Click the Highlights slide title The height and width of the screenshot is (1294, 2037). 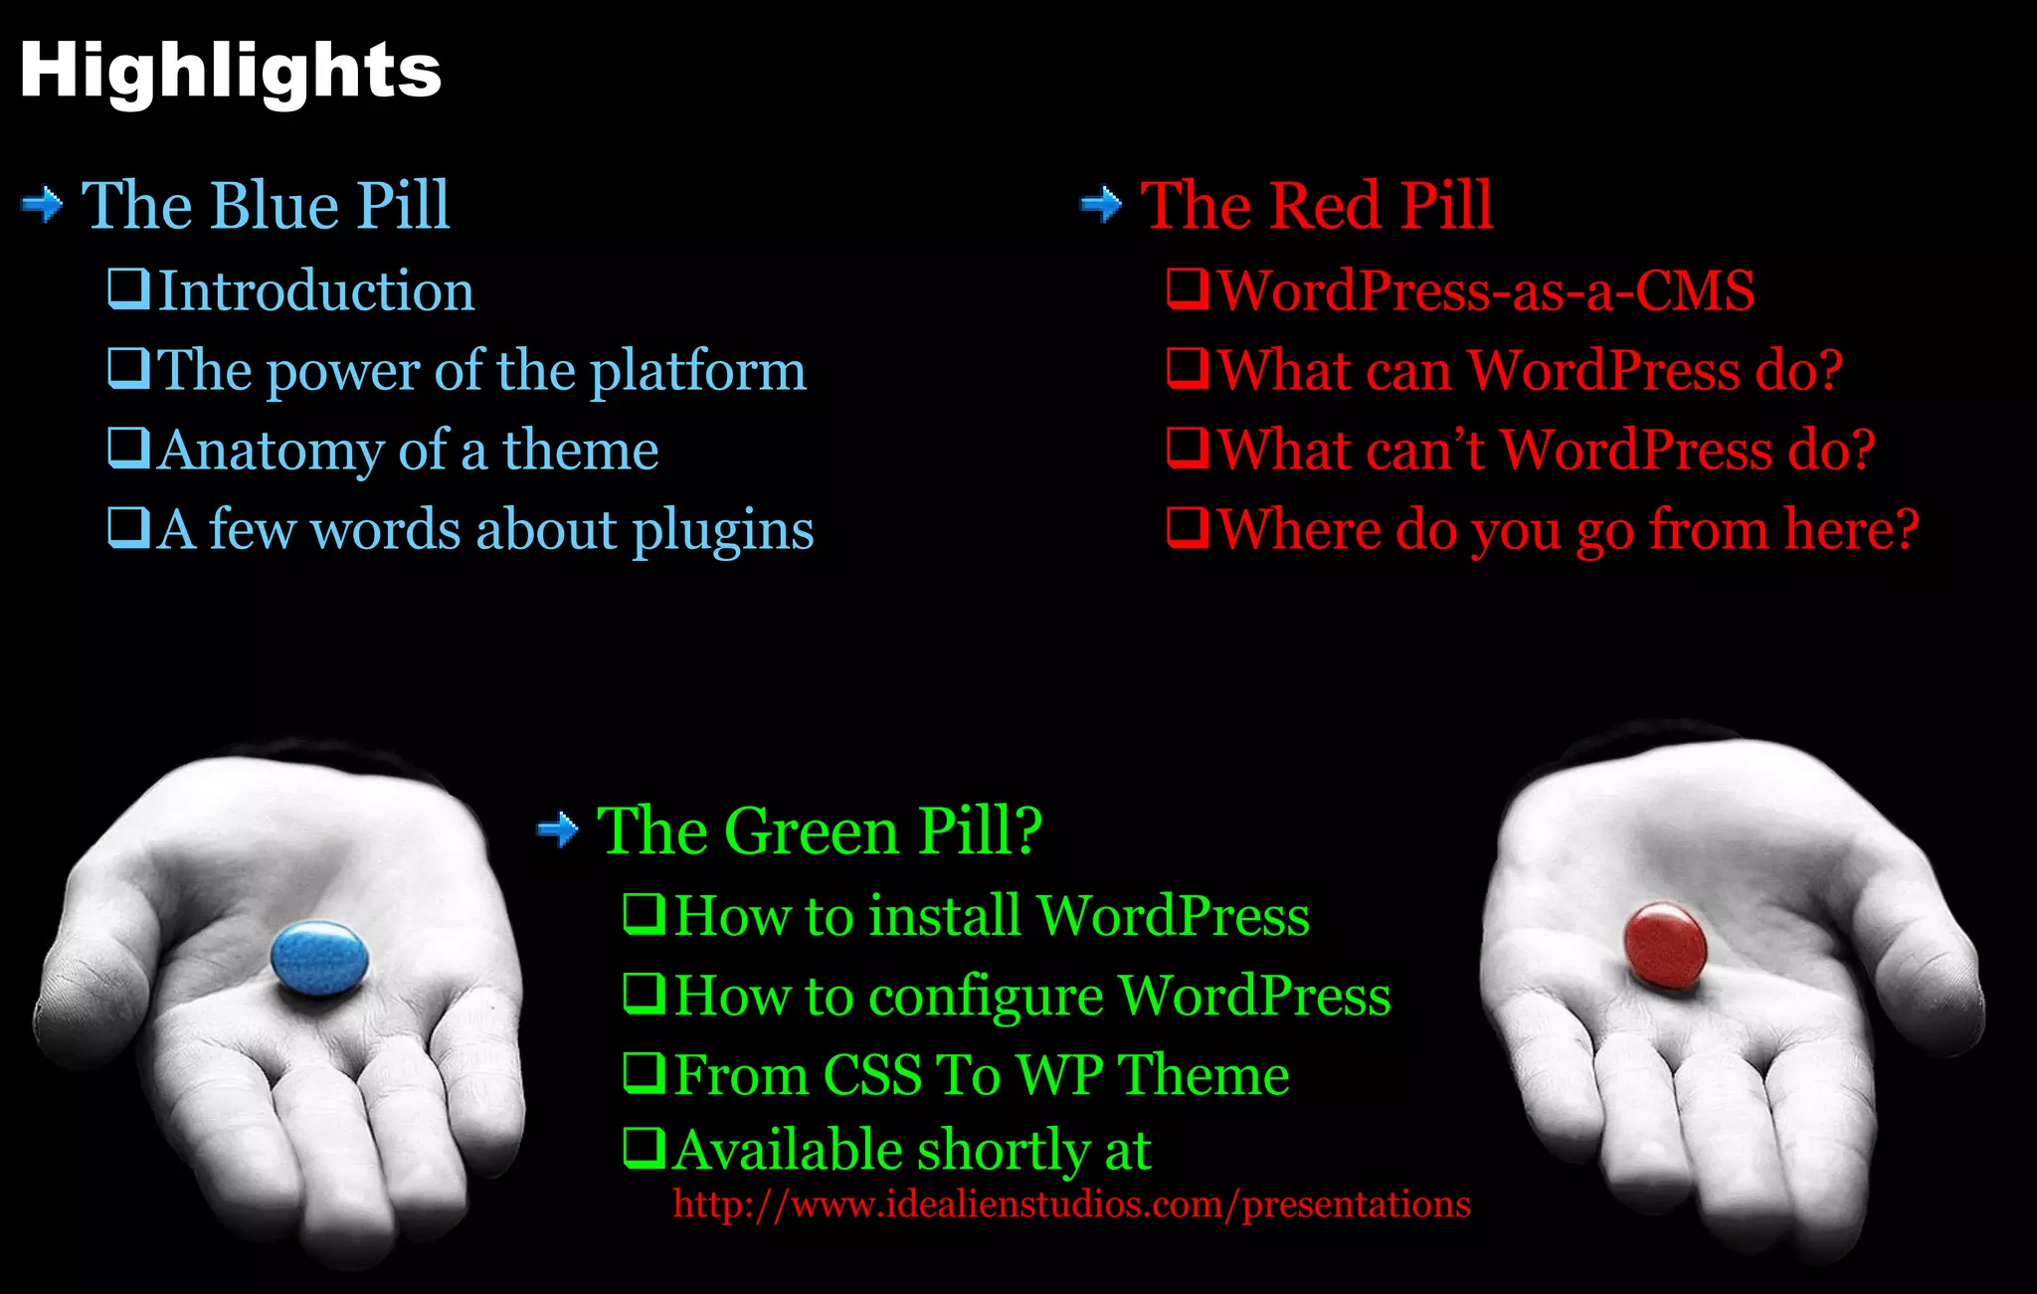230,72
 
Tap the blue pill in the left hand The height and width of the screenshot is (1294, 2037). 319,957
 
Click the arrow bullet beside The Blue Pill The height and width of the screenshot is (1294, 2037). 42,205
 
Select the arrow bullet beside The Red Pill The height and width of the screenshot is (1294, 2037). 1101,205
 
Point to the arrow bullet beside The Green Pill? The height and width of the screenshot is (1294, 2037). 558,830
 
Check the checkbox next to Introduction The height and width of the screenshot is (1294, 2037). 129,289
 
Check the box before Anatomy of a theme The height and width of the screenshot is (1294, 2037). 129,449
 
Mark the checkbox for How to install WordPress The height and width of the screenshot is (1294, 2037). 645,914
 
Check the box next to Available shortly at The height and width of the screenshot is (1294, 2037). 645,1149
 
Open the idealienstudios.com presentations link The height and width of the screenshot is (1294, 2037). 1071,1204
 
